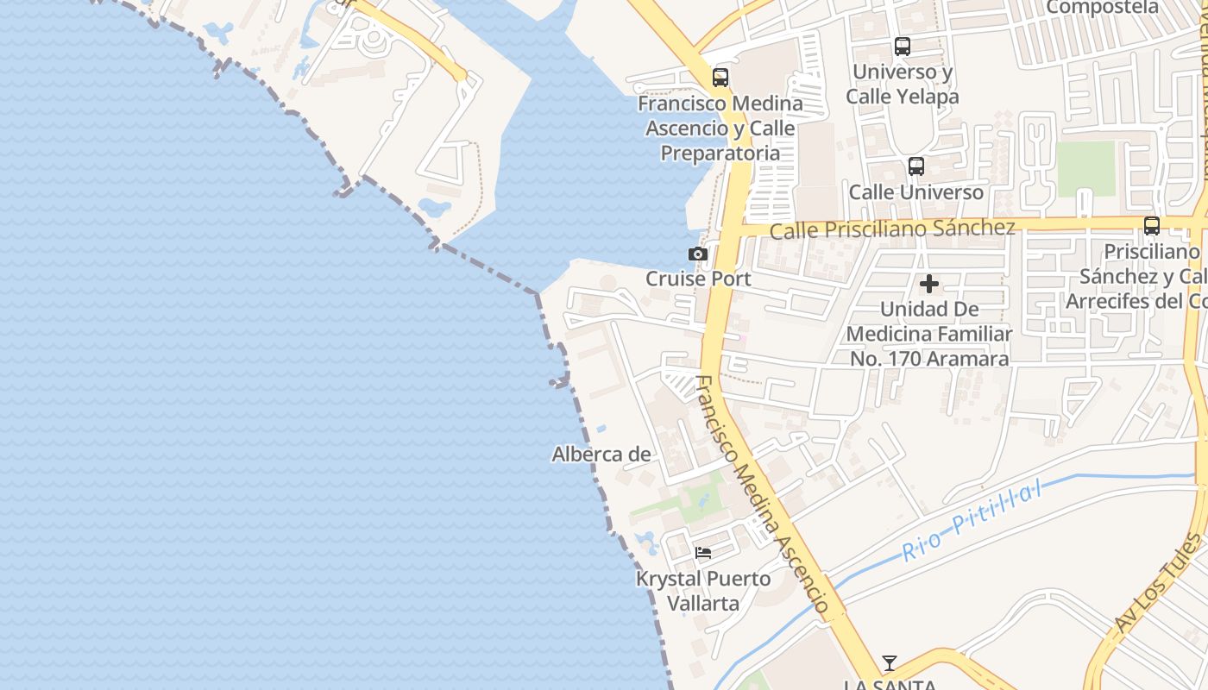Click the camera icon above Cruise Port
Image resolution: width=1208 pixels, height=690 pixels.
pyautogui.click(x=697, y=254)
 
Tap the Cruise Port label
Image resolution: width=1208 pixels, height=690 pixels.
pyautogui.click(x=698, y=279)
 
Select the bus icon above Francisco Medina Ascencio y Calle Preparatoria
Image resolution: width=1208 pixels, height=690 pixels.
pyautogui.click(x=720, y=78)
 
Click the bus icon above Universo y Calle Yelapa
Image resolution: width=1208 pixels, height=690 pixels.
pyautogui.click(x=903, y=47)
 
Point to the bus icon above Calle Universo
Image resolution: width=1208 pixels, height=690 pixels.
pyautogui.click(x=916, y=166)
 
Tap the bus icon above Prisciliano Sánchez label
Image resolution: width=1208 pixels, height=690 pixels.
pyautogui.click(x=1151, y=226)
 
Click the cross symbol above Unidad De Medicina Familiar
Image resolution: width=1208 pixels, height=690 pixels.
pyautogui.click(x=929, y=283)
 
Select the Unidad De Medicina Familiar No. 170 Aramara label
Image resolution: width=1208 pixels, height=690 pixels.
pyautogui.click(x=929, y=333)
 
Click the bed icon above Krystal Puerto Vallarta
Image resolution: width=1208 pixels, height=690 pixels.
pyautogui.click(x=703, y=553)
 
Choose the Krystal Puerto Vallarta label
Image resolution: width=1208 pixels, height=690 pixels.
pyautogui.click(x=703, y=591)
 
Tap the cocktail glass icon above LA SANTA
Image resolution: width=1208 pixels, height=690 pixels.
pyautogui.click(x=890, y=663)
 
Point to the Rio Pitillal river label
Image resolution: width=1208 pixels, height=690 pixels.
pyautogui.click(x=971, y=522)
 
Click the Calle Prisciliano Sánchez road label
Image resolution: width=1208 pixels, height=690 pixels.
pyautogui.click(x=892, y=229)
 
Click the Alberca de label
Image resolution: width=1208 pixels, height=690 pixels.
pyautogui.click(x=601, y=454)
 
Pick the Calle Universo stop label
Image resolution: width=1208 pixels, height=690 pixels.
pyautogui.click(x=916, y=192)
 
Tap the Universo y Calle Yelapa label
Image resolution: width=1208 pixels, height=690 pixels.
pyautogui.click(x=903, y=85)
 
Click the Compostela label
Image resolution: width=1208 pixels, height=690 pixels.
pyautogui.click(x=1103, y=7)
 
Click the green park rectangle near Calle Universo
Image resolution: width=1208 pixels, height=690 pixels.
pyautogui.click(x=1085, y=168)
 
